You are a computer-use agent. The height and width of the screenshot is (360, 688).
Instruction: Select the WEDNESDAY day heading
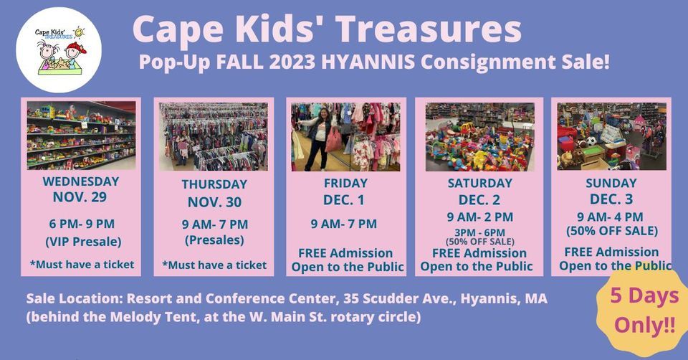[x=81, y=181]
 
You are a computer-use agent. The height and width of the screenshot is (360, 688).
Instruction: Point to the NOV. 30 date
[x=214, y=202]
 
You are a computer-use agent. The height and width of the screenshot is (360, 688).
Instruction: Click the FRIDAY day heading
[x=345, y=183]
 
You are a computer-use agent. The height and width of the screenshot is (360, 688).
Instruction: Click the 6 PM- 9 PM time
[x=81, y=224]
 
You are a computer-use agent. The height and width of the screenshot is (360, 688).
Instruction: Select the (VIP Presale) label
[x=81, y=240]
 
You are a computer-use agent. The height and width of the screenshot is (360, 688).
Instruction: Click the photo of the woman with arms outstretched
[x=345, y=136]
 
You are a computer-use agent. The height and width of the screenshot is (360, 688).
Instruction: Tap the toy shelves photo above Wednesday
[x=81, y=135]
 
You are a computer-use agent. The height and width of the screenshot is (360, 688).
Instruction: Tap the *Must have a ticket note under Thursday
[x=214, y=265]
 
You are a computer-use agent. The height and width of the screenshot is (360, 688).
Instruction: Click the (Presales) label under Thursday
[x=214, y=240]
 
